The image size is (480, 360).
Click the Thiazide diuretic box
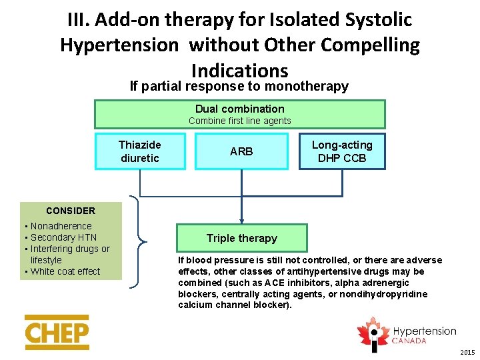coord(140,151)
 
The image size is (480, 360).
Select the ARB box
coord(241,151)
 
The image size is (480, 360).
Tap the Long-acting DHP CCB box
coord(342,151)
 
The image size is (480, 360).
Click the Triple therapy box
coord(241,238)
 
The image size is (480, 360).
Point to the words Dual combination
coord(239,109)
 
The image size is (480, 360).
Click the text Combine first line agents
coord(239,121)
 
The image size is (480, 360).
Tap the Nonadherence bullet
coord(61,226)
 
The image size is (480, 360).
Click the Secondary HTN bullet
coord(63,237)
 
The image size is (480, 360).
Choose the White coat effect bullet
coord(65,271)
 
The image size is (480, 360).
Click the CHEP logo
coord(57,332)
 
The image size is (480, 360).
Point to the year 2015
coord(467,352)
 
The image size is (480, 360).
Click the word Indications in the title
coord(239,70)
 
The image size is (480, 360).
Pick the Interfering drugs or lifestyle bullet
coord(70,254)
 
